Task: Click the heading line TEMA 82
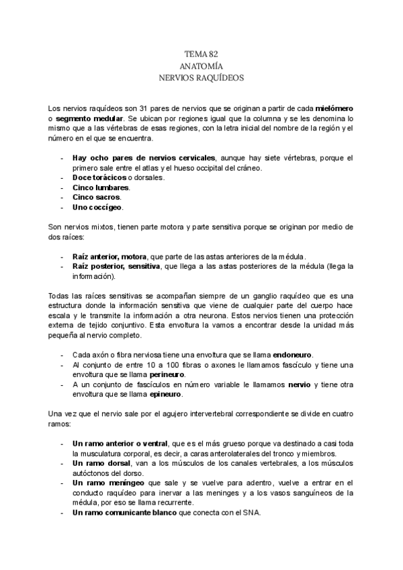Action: click(201, 54)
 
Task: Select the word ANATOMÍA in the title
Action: click(201, 66)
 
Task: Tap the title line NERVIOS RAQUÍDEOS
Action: click(201, 78)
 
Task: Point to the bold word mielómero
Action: click(334, 108)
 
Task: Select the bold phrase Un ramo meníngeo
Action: click(105, 483)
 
